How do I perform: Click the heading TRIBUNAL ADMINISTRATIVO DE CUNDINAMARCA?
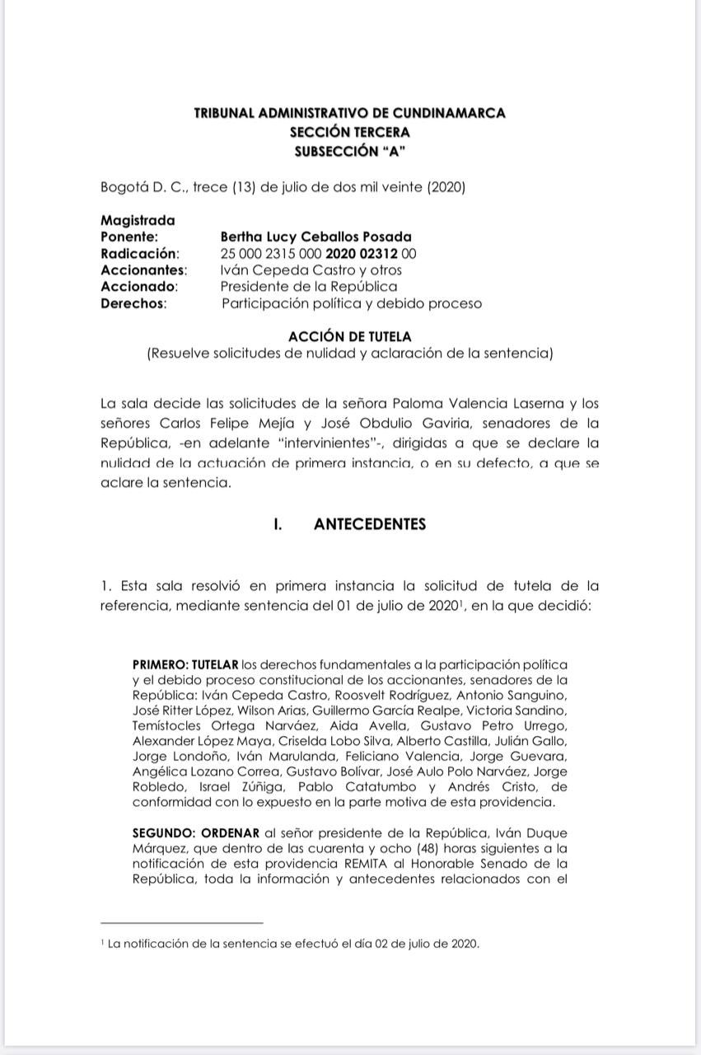coord(349,114)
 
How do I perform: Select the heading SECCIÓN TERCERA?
coord(349,132)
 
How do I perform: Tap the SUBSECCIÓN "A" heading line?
coord(349,150)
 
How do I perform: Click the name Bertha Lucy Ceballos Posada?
coord(316,237)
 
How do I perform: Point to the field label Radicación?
coord(139,253)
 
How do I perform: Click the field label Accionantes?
coord(143,270)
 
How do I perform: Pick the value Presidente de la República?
coord(308,286)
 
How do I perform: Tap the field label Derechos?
coord(133,303)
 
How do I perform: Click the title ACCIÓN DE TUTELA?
coord(349,336)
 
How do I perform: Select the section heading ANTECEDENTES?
coord(370,524)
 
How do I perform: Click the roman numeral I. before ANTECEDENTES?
coord(278,524)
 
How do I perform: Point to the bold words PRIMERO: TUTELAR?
coord(185,664)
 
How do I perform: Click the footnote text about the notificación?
coord(292,944)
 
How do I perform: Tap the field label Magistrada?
coord(138,220)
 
